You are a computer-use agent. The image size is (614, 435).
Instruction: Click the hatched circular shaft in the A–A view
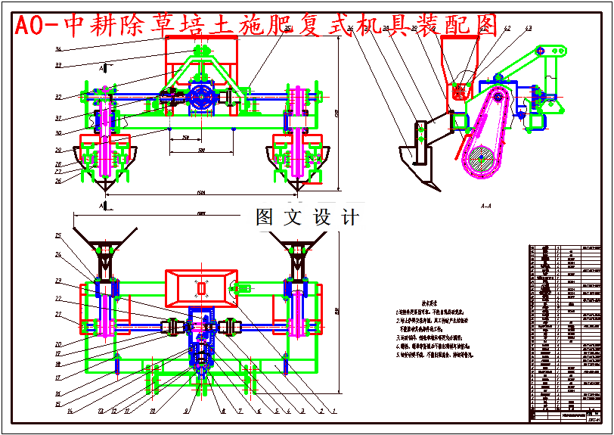coord(482,162)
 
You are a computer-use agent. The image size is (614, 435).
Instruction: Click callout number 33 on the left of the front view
coord(58,65)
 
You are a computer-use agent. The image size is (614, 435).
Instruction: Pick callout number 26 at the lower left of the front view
coord(58,180)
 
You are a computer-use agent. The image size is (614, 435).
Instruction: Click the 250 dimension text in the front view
coord(185,138)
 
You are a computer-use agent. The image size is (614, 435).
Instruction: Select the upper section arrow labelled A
coord(101,68)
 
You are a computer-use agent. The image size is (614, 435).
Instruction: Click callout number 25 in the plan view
coord(58,236)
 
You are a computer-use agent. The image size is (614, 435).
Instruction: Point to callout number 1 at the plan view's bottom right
coord(333,412)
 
